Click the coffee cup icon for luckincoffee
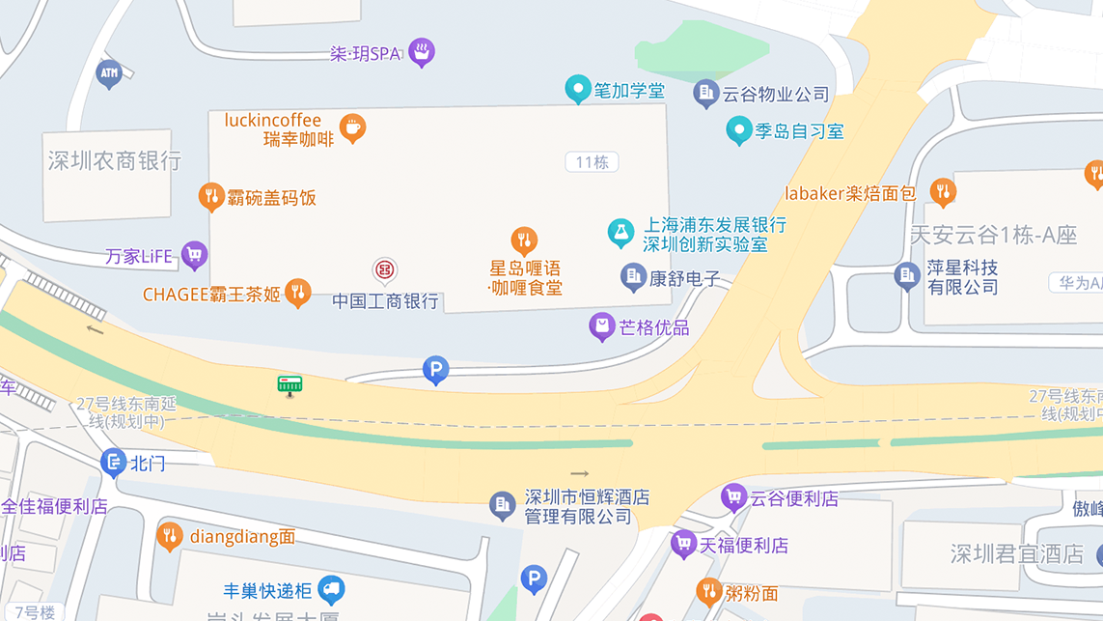352,127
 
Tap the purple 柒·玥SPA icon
421,51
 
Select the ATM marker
109,73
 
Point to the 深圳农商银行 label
115,160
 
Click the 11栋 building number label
592,162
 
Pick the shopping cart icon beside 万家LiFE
194,255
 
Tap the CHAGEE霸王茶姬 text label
211,295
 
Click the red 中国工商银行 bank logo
385,270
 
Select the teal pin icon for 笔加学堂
577,89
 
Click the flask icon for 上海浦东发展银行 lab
620,232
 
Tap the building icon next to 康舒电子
633,277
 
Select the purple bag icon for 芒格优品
602,326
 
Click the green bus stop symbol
290,385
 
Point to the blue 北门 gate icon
113,463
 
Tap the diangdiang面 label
242,536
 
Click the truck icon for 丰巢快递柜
331,588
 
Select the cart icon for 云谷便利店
733,497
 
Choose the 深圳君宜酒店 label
1017,554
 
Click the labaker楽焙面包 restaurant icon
943,192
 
